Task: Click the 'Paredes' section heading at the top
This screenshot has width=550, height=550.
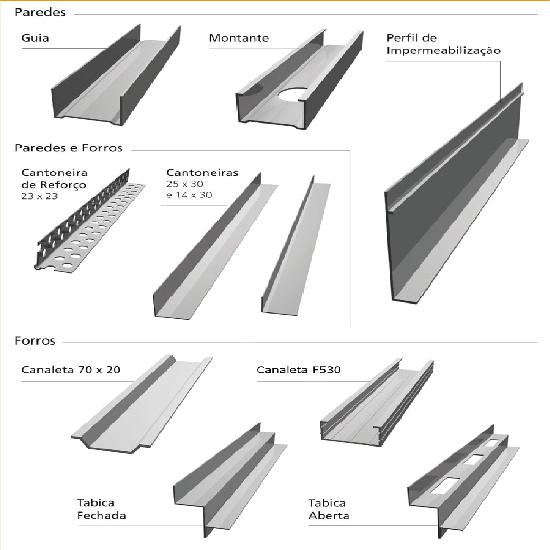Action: [40, 12]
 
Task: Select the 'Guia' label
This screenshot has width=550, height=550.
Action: [35, 38]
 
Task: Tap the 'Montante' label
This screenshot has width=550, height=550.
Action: [239, 38]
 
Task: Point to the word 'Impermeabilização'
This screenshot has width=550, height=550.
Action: [444, 51]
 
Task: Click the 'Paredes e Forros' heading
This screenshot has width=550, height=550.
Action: [69, 148]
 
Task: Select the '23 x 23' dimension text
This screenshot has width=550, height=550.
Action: [39, 196]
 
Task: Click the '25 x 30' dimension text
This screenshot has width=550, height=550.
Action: [185, 184]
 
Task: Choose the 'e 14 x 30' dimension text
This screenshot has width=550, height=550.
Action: [189, 195]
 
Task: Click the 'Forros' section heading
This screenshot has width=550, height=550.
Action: [35, 341]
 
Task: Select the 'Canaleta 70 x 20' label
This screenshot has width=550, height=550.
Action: [71, 369]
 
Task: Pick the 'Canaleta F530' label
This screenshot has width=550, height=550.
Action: [299, 369]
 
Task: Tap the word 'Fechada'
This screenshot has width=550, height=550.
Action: [101, 516]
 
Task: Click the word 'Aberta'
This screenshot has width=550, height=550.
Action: [329, 516]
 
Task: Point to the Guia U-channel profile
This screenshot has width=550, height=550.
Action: [116, 75]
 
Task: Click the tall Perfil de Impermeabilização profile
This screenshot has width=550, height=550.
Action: [456, 196]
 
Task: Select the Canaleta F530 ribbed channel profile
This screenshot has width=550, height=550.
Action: [377, 403]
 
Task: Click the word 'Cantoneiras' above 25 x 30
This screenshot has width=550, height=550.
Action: [202, 173]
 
